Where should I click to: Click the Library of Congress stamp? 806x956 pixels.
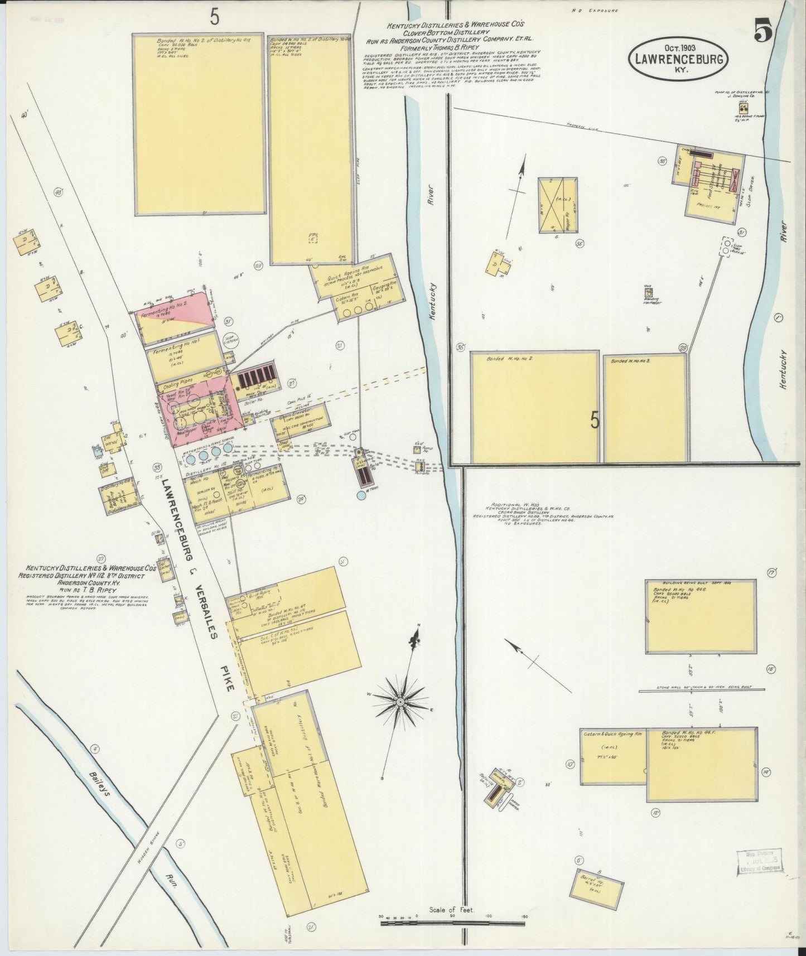[759, 877]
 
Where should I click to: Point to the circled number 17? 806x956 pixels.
[772, 572]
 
